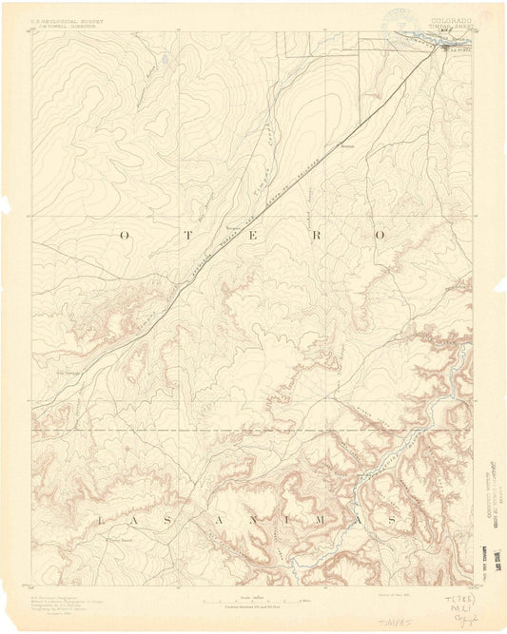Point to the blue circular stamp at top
pyautogui.click(x=400, y=19)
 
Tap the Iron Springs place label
pyautogui.click(x=68, y=373)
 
